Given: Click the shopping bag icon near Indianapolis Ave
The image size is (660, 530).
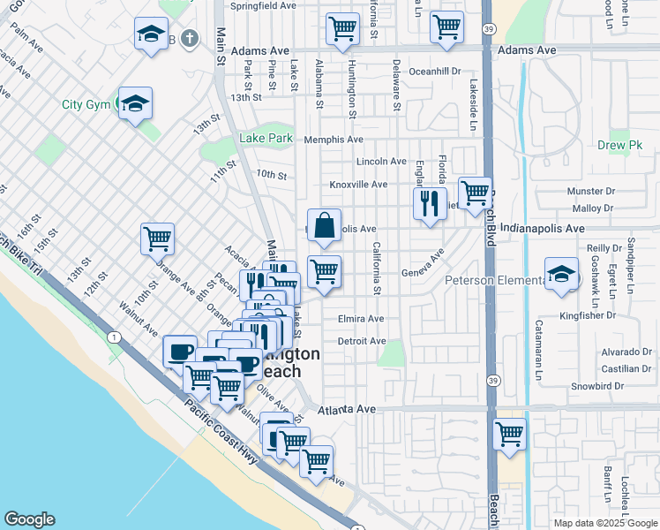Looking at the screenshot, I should pos(325,225).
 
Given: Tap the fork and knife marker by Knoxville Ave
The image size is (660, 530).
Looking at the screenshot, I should pos(430,203).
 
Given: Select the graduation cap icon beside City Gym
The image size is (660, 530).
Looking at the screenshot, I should pos(135,103).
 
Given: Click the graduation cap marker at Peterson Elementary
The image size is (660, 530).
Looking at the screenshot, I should pos(561,274).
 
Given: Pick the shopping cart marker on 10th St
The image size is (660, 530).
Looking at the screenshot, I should pos(157,238).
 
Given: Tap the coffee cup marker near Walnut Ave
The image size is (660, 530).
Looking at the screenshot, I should pos(180,352).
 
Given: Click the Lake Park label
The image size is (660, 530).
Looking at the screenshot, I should pos(266,139).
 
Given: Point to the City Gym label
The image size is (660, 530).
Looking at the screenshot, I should pos(85,104).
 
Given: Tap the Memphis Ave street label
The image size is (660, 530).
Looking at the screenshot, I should pos(333,140).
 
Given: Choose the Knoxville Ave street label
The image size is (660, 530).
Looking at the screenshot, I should pos(358,185).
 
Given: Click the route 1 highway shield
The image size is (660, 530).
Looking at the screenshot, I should pos(114,337).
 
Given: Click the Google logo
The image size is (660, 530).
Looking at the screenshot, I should pos(29,519).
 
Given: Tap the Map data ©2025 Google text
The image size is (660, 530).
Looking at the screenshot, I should pos(605,523).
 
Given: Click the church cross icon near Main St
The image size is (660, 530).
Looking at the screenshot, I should pos(189,38).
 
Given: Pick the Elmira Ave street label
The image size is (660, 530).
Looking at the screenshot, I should pos(360,319).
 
